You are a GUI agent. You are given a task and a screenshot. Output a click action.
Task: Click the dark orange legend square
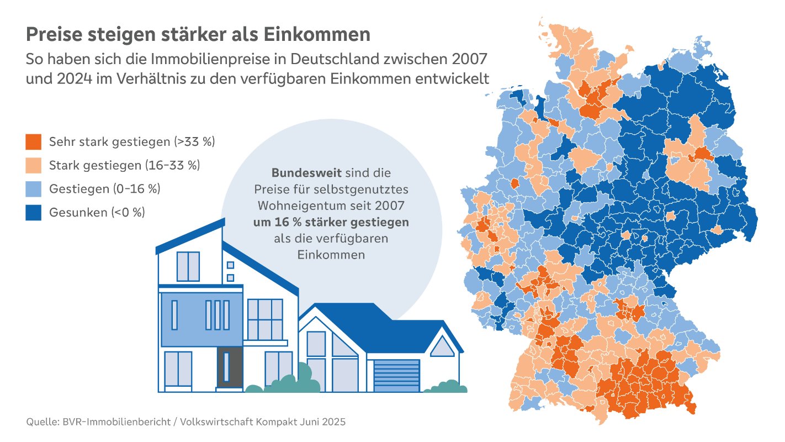coord(33,141)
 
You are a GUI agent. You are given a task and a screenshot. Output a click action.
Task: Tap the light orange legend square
coord(33,165)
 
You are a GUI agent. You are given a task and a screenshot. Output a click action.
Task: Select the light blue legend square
coord(33,189)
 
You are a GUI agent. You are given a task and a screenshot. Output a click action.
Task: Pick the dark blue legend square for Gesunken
coord(33,213)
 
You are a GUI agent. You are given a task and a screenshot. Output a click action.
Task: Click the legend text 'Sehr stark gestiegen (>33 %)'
coord(131,141)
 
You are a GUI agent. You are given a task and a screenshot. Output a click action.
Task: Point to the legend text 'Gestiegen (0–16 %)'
coord(104,189)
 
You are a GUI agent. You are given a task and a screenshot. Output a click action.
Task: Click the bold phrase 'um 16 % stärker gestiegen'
coord(331,223)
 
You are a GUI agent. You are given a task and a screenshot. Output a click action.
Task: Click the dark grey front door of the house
coord(229,367)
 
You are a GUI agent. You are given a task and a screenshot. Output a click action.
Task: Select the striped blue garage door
coord(396,376)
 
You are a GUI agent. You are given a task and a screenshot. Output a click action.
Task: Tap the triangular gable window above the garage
coord(442,347)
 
